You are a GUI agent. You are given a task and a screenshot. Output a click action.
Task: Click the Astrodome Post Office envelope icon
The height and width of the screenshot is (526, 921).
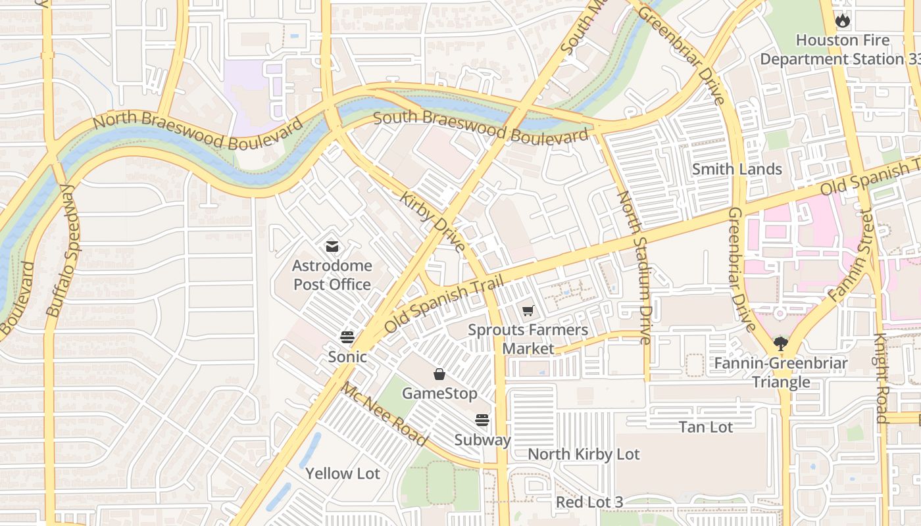[x=332, y=247]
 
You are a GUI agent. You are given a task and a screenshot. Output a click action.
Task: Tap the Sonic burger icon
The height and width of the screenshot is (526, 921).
[x=347, y=337]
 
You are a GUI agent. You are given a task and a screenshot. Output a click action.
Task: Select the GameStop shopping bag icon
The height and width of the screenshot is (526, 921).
[x=439, y=374]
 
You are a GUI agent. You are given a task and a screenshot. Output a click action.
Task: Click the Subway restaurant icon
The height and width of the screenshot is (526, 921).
[x=482, y=420]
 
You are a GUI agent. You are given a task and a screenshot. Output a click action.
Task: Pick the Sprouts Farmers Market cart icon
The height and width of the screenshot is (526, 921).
[x=528, y=310]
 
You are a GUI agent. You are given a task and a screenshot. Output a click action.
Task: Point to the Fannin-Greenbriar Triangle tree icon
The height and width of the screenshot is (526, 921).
[x=781, y=343]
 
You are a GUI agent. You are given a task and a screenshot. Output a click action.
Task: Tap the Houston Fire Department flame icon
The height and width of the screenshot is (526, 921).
[x=842, y=20]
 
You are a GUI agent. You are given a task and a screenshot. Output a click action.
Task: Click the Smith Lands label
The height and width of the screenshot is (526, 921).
[x=737, y=169]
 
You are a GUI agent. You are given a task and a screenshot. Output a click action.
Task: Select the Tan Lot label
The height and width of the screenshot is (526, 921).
[x=706, y=427]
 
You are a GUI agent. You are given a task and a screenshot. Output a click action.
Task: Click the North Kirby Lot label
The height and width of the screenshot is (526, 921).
[x=584, y=454]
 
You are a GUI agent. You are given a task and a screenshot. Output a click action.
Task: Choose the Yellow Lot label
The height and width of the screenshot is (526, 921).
[x=343, y=473]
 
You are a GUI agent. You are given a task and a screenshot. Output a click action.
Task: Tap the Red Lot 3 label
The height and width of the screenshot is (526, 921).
[x=589, y=502]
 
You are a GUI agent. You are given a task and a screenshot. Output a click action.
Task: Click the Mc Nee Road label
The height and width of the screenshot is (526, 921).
[x=384, y=414]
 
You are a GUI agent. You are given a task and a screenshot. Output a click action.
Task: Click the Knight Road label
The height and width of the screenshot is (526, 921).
[x=880, y=378]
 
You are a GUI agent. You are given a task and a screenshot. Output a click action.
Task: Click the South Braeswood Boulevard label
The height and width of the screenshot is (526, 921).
[x=480, y=127]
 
